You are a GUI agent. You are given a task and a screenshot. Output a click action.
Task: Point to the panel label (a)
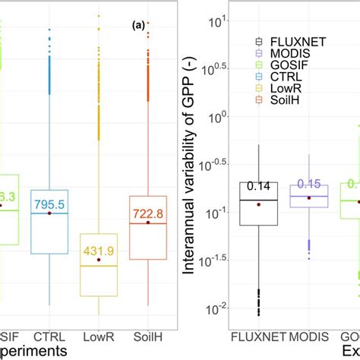pos(137,25)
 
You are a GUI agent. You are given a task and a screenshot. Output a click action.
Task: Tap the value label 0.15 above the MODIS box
pos(308,183)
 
